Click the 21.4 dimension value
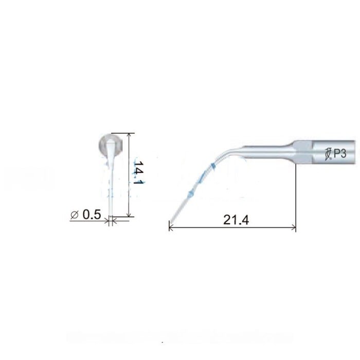tap(237, 220)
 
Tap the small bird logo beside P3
tap(329, 153)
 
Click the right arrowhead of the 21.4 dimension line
tap(294, 227)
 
